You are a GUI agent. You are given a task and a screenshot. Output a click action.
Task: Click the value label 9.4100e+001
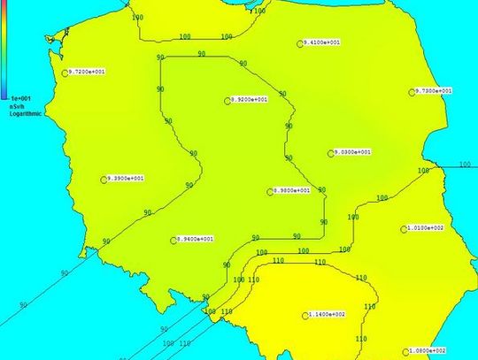click(x=323, y=42)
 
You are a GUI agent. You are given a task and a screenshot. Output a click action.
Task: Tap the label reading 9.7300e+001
click(x=434, y=90)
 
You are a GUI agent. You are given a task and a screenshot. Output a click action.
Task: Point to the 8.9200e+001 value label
click(x=249, y=100)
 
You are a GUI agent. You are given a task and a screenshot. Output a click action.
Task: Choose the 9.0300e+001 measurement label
click(x=352, y=152)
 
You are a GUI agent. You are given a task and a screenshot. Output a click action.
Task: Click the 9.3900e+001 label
click(x=125, y=179)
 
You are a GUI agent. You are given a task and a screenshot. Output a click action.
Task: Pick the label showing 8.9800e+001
click(x=291, y=190)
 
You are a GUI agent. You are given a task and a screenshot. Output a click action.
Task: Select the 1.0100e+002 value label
click(x=426, y=228)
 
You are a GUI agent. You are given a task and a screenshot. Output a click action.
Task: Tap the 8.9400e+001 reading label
click(x=196, y=240)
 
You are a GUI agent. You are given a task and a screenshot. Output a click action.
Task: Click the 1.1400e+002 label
click(x=327, y=314)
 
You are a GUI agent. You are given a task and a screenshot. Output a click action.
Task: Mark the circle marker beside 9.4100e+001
click(x=299, y=42)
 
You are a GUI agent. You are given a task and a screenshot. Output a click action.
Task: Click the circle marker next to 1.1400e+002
click(x=303, y=314)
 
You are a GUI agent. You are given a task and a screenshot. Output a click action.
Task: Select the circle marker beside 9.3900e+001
click(x=102, y=179)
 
